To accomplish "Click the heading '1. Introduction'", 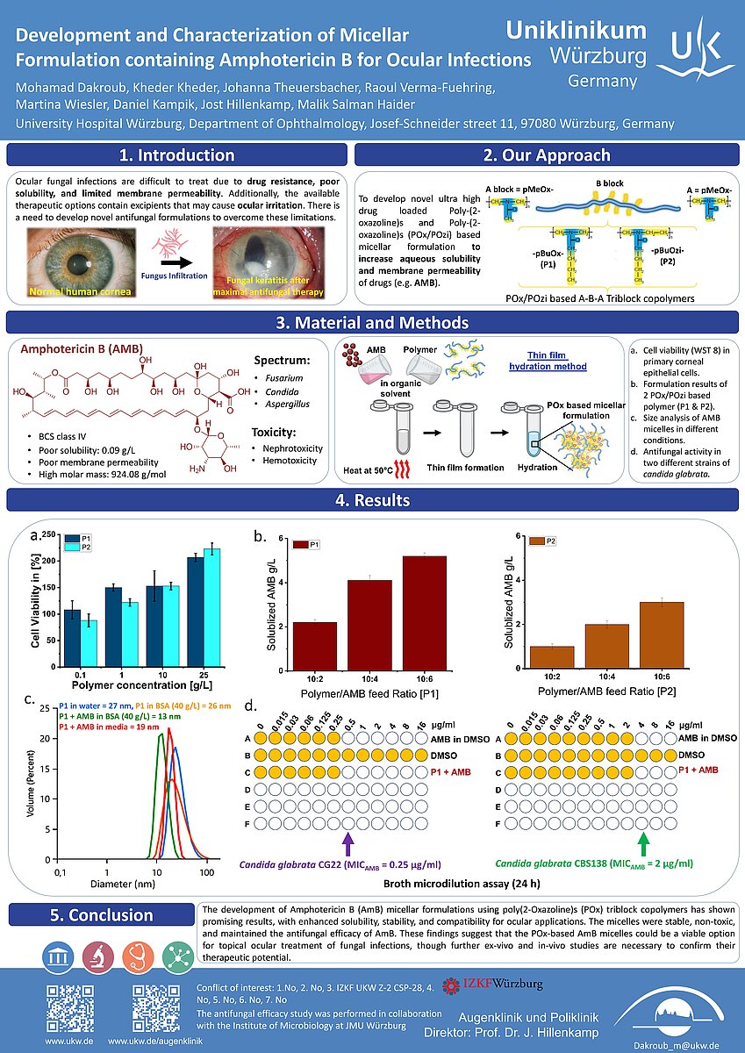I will click(x=176, y=155).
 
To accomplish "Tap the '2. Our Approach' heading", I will click(x=546, y=155).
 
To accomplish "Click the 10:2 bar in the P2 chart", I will click(x=552, y=657).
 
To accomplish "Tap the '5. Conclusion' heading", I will click(x=102, y=915).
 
